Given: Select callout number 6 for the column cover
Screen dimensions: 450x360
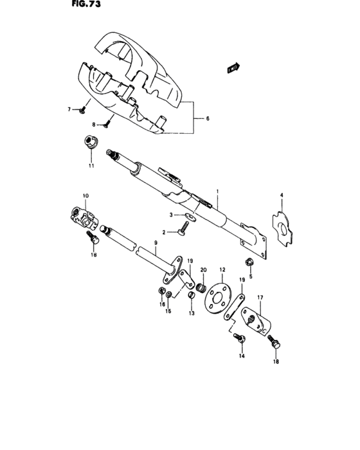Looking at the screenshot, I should (208, 119).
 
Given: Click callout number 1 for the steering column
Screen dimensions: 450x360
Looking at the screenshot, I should (217, 191).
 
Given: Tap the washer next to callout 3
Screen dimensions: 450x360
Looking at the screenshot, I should (186, 215).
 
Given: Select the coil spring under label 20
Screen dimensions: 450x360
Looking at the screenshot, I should (201, 282).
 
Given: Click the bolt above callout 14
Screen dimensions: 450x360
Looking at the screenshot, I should (239, 336).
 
